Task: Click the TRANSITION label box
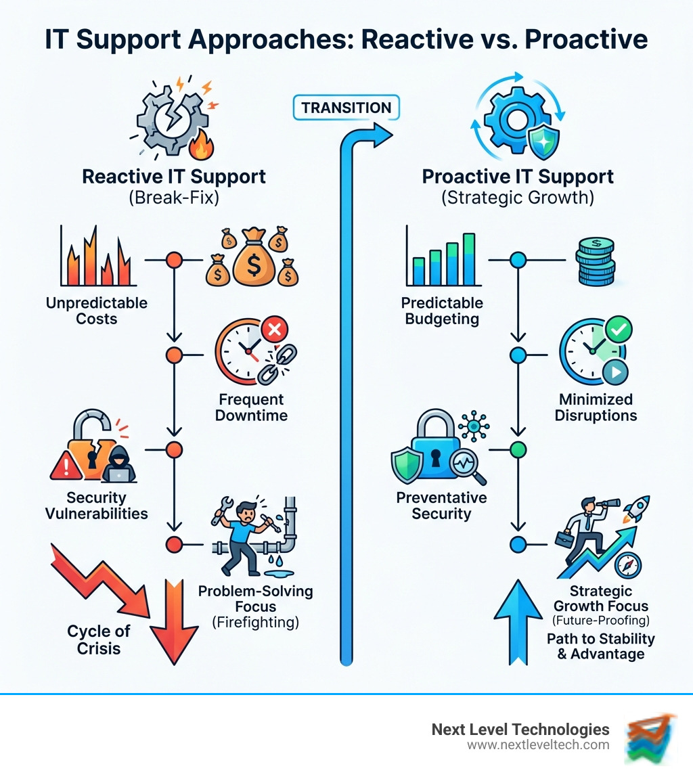click(346, 108)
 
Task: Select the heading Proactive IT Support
click(518, 177)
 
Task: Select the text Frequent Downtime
click(251, 407)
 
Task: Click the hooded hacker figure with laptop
click(123, 464)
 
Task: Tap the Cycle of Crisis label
click(98, 640)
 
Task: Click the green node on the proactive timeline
click(518, 448)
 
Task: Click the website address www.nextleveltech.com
click(538, 745)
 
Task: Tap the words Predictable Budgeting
click(442, 311)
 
